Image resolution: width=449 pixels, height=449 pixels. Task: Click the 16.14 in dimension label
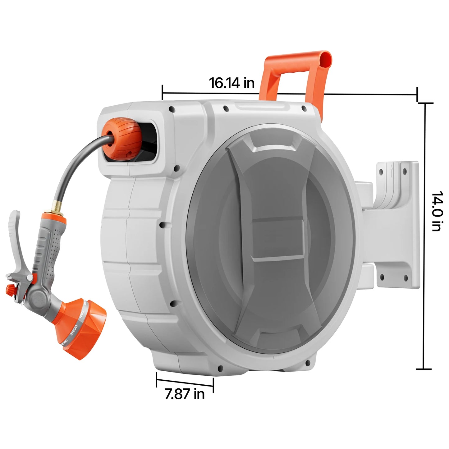[231, 83]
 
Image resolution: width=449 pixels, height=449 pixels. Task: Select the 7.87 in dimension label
[185, 394]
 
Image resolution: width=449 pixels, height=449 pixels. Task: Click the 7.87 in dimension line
[185, 383]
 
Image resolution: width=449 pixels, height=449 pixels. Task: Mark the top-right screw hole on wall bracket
[404, 171]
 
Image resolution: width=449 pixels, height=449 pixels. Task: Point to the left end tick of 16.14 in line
[163, 93]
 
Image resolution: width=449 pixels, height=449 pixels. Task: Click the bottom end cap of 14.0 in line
[424, 369]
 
